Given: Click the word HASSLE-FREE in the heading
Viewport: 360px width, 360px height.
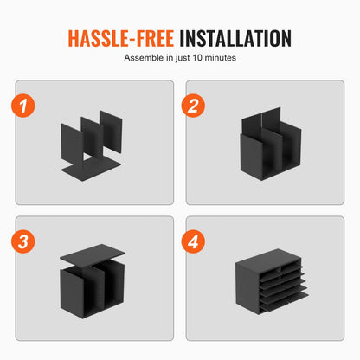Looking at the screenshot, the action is click(121, 38).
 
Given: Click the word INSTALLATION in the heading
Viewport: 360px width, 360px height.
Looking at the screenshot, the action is click(235, 38).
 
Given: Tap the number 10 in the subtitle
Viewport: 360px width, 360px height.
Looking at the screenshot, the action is click(197, 58).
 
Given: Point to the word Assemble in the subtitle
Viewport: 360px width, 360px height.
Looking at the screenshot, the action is click(144, 58).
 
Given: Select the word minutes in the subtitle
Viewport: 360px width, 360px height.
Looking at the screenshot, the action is click(220, 58).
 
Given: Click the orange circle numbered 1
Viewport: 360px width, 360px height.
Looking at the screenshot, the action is click(23, 106).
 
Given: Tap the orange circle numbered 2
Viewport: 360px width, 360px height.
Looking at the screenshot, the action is click(193, 106).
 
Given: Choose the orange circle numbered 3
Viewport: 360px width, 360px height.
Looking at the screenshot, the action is click(23, 241).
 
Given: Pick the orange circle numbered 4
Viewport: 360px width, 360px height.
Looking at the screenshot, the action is click(193, 241).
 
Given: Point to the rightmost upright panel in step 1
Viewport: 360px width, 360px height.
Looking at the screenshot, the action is click(111, 132).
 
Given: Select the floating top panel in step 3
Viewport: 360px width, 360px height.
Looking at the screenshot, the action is click(93, 254).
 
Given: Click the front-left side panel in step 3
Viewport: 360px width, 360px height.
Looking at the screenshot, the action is click(71, 292).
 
